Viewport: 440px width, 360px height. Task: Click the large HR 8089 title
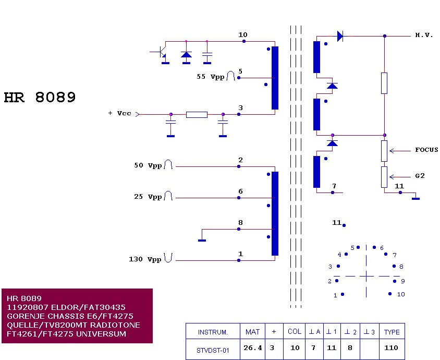tap(40, 98)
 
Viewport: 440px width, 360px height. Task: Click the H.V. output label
tap(424, 35)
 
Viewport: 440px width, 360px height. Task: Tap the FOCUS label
tap(426, 150)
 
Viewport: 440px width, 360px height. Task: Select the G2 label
tap(420, 176)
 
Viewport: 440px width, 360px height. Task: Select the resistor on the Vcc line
tap(197, 114)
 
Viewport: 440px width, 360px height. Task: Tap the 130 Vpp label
tap(145, 259)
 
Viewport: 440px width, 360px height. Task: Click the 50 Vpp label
tap(148, 165)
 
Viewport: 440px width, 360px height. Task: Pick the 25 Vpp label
tap(148, 197)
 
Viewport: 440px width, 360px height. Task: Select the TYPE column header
tap(392, 332)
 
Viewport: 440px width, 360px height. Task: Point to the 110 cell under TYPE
tap(391, 347)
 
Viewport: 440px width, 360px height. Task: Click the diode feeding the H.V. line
tap(340, 36)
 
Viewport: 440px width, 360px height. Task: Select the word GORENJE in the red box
tap(25, 316)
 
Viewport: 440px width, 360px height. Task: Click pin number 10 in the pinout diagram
tap(401, 294)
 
